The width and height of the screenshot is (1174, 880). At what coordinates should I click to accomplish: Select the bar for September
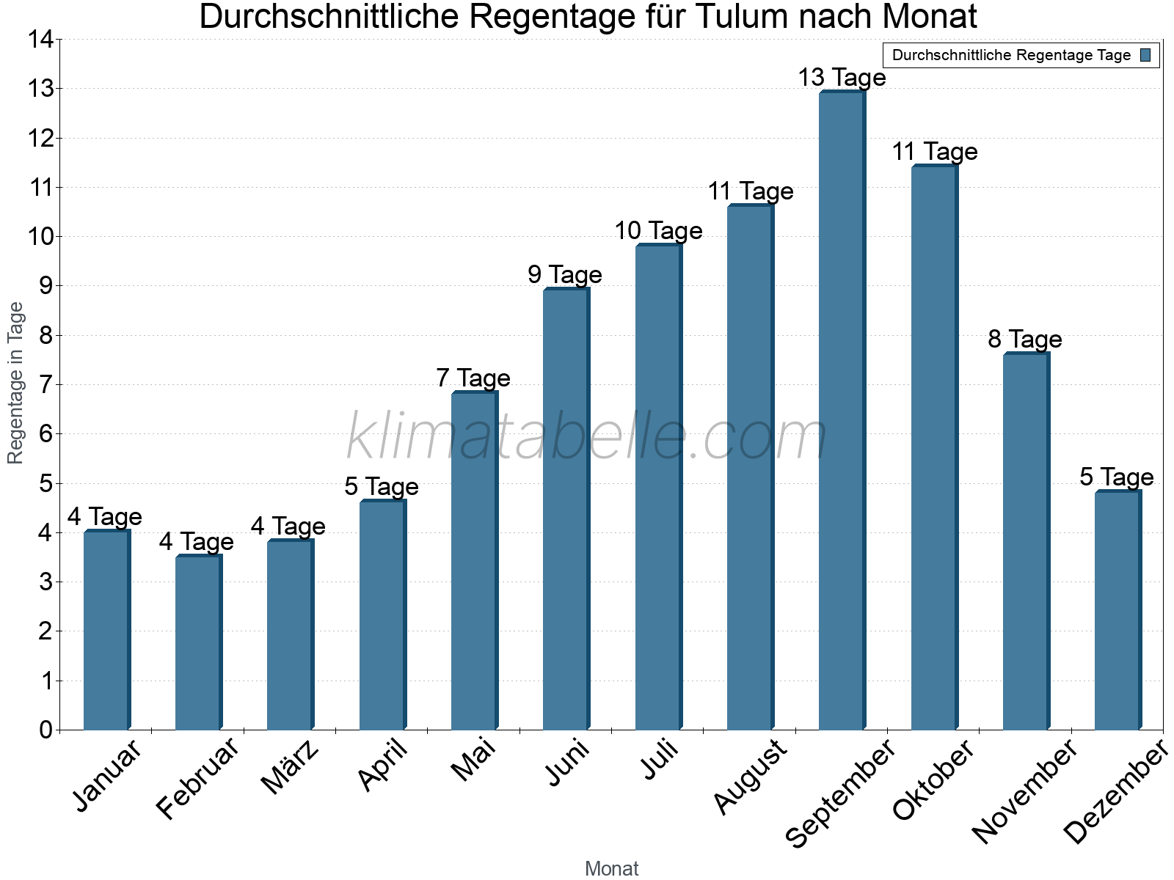click(x=842, y=411)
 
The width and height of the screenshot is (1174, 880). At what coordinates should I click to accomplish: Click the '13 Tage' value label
click(x=842, y=78)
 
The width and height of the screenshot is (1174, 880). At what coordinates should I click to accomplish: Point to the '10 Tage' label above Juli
click(x=658, y=231)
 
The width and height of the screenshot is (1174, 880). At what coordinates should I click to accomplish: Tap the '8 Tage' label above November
click(x=1025, y=340)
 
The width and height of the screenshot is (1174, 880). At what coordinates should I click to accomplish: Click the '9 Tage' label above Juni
click(x=565, y=275)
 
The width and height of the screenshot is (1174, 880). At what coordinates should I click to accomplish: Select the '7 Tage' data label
click(x=473, y=378)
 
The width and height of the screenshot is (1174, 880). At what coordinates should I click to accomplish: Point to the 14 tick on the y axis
click(x=41, y=40)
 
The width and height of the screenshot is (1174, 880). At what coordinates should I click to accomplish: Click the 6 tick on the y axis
click(x=46, y=434)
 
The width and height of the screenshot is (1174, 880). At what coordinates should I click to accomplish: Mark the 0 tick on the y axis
click(x=46, y=730)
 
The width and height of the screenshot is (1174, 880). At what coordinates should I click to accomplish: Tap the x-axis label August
click(x=750, y=777)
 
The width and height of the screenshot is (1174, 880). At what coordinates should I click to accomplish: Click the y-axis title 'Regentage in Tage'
click(x=15, y=383)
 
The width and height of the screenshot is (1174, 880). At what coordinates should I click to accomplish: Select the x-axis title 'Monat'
click(x=611, y=869)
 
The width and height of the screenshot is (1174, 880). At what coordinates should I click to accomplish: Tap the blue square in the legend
click(x=1145, y=55)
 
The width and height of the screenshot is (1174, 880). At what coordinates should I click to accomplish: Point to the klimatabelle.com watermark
click(x=587, y=437)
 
